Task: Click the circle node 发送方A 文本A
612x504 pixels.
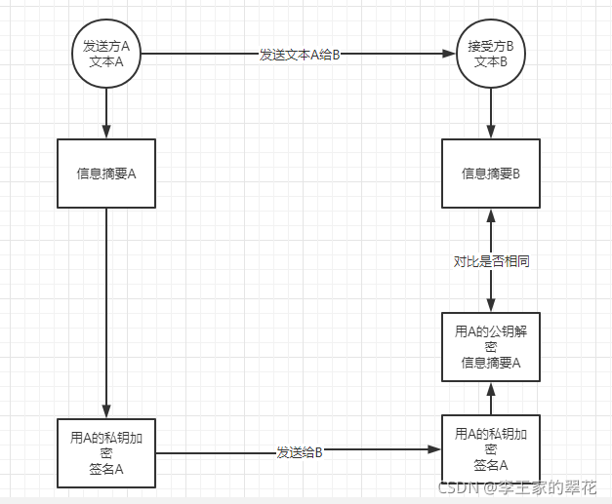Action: click(106, 54)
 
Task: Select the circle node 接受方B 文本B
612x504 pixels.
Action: click(490, 54)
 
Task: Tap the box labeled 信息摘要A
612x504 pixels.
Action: click(106, 174)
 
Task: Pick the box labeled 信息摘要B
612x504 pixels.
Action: click(490, 174)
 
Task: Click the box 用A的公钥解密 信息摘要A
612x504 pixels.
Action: click(490, 347)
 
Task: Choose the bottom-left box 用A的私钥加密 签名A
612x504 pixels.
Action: click(106, 453)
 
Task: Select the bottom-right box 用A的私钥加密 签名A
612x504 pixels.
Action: click(490, 449)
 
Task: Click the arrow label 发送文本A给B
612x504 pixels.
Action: click(299, 55)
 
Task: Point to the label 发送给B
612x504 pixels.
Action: click(299, 452)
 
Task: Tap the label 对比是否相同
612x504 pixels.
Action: click(491, 261)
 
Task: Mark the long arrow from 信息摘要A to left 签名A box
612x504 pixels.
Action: click(106, 312)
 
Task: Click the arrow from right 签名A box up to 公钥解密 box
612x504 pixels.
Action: click(490, 397)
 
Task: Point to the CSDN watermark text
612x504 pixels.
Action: click(516, 488)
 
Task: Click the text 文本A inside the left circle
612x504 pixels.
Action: click(106, 62)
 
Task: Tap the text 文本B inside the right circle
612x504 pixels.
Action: click(490, 62)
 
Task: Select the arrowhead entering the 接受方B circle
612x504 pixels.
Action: click(453, 55)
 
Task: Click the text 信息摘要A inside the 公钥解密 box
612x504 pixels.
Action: click(490, 363)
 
